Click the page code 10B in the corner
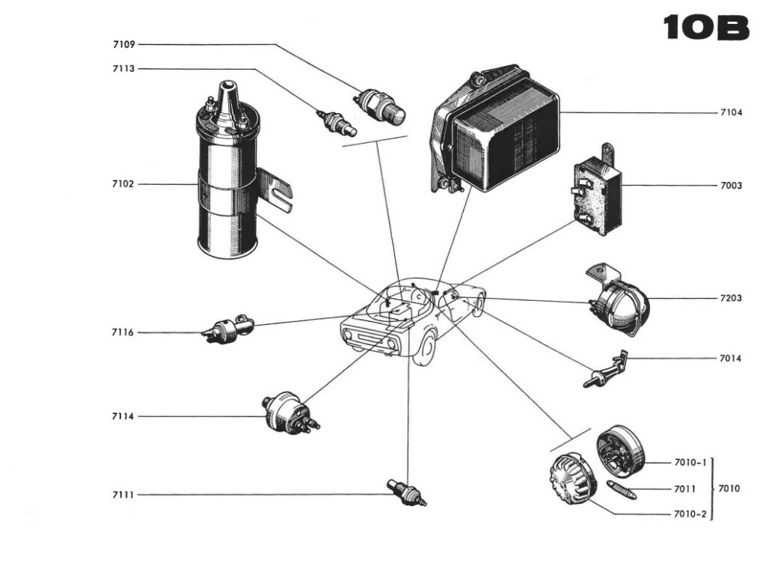[x=705, y=28]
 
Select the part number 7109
[x=124, y=44]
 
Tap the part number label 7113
[x=124, y=69]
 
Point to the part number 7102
[x=124, y=183]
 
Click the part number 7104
[x=731, y=112]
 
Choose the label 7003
[x=731, y=185]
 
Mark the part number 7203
[x=731, y=298]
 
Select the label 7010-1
[x=690, y=463]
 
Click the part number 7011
[x=684, y=489]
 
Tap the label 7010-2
[x=690, y=514]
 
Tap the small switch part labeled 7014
[x=607, y=369]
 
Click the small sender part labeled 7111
[x=407, y=493]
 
